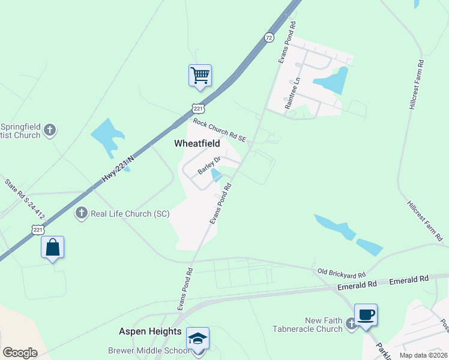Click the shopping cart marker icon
coord(200,76)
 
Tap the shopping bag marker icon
coord(52,248)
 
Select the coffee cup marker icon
coord(366,315)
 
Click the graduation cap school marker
coord(198,339)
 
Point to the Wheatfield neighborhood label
coord(197,144)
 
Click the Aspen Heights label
coord(149,331)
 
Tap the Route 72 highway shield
coord(269,38)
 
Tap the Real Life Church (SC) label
coord(129,213)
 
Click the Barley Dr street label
coord(210,166)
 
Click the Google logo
coord(20,353)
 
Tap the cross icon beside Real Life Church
coord(82,212)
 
